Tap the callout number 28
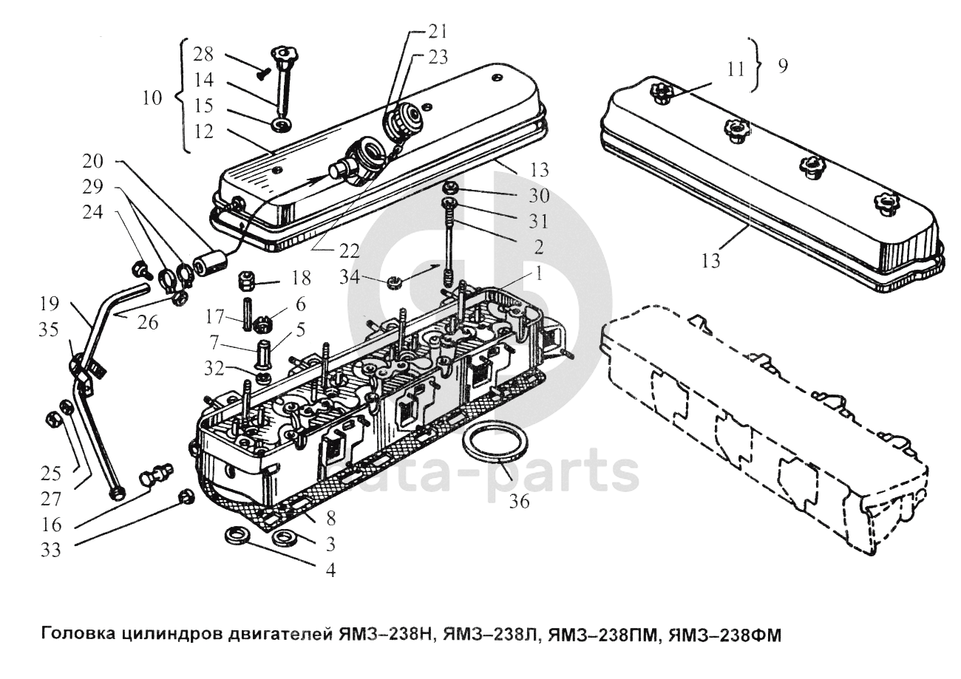pos(203,54)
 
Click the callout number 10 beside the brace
pos(152,98)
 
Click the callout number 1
pos(540,274)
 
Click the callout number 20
pos(94,161)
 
